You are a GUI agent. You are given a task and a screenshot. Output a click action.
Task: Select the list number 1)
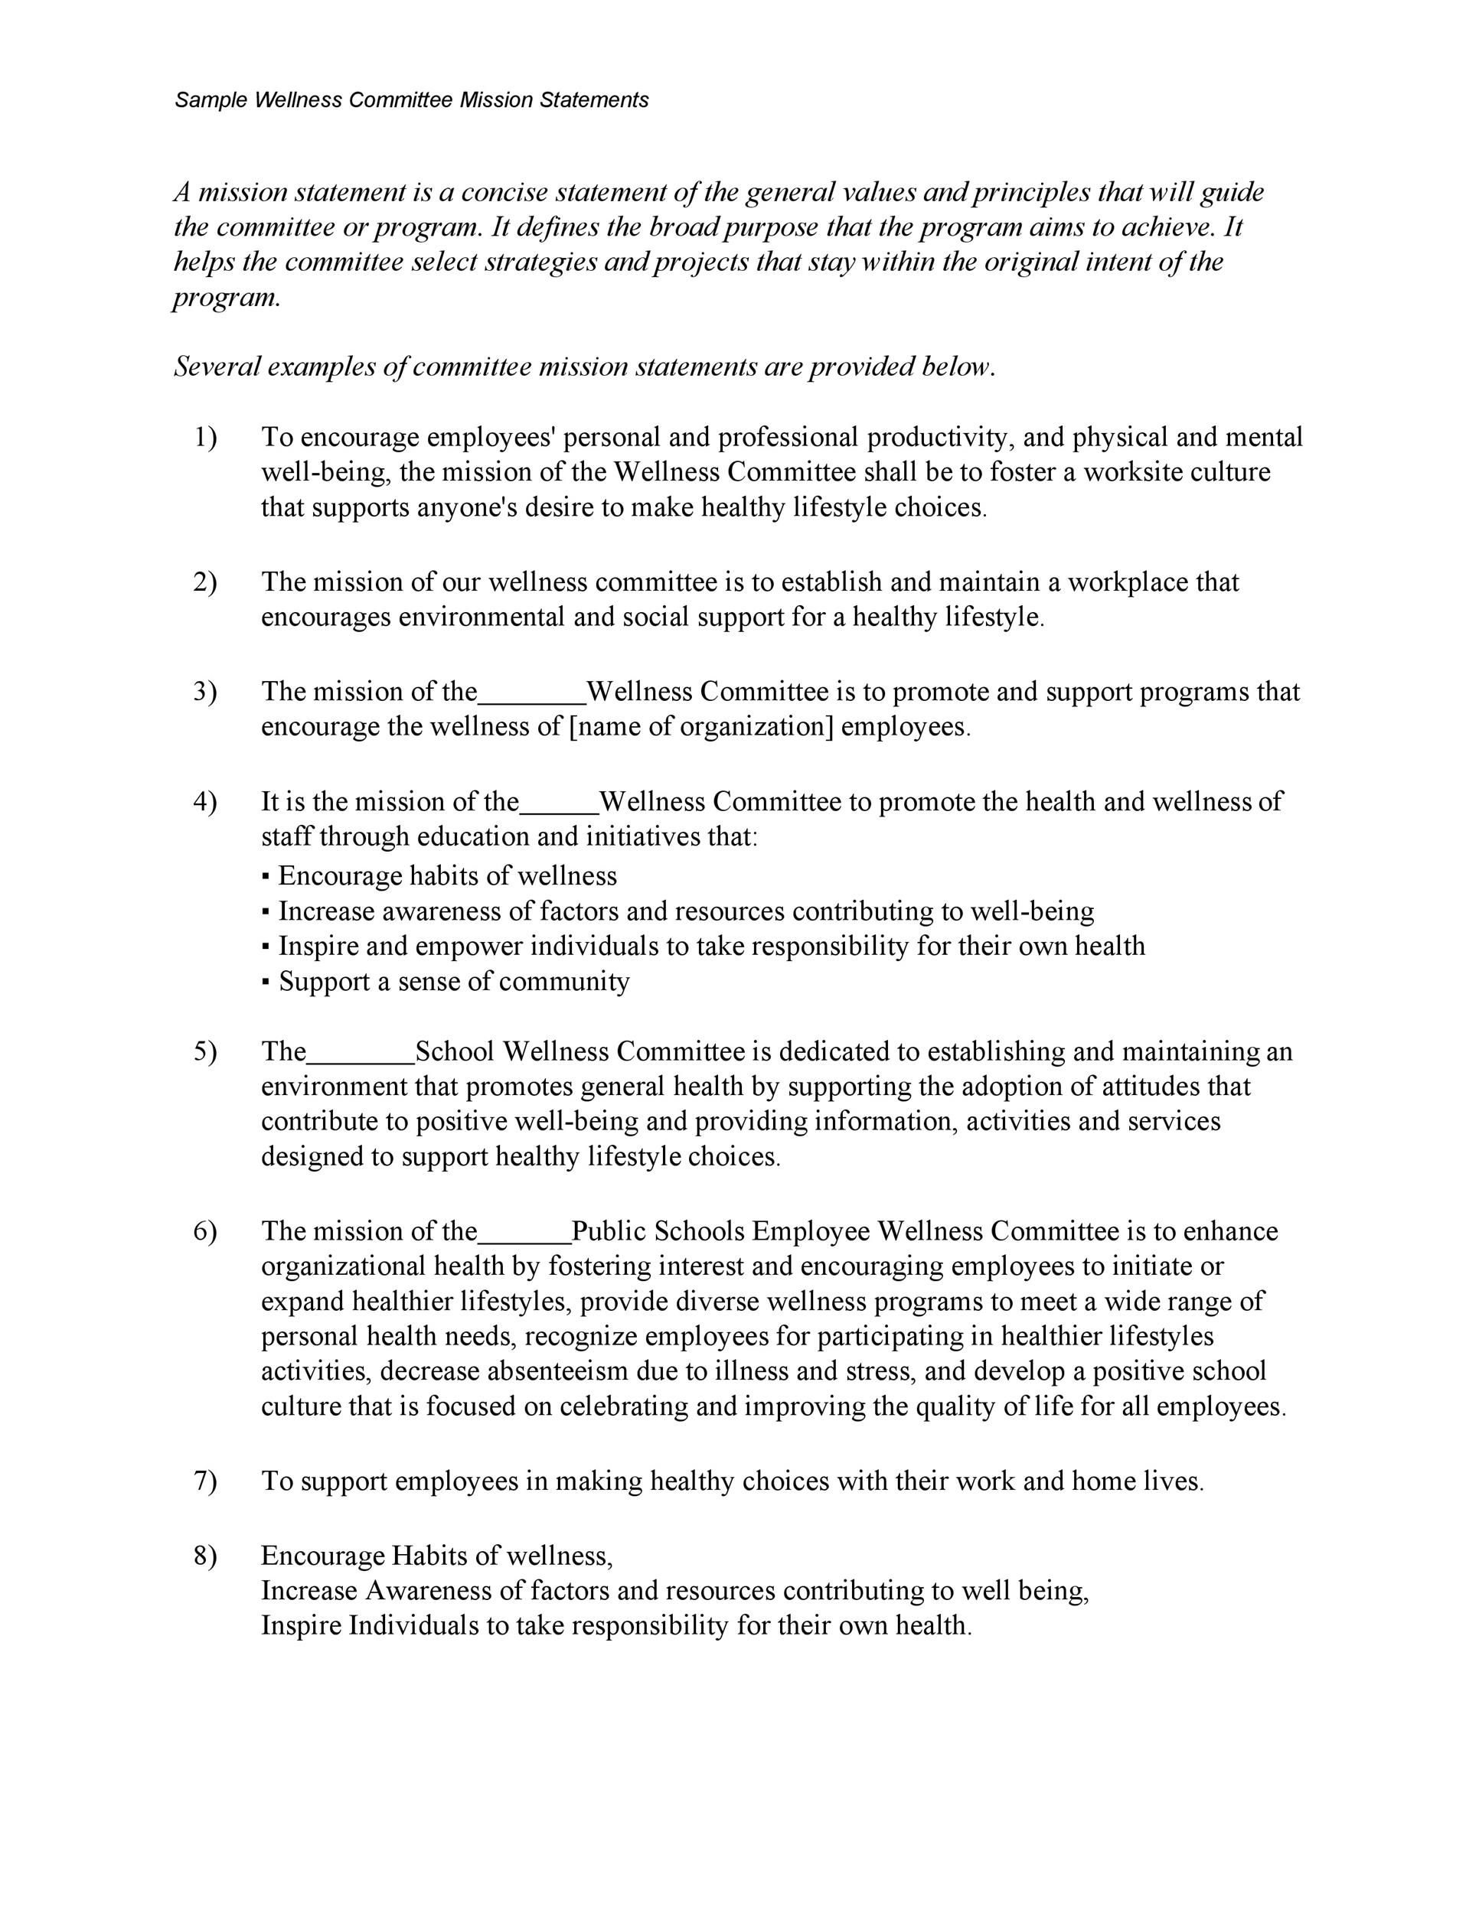(204, 436)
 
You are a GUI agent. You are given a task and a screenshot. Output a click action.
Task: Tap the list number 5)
(204, 1051)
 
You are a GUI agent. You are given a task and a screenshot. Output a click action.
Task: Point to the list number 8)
(204, 1556)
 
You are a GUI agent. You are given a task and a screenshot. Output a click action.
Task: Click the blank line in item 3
(532, 701)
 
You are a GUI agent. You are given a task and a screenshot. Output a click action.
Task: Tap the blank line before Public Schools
(524, 1240)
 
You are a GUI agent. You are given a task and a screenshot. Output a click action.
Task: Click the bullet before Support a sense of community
(266, 983)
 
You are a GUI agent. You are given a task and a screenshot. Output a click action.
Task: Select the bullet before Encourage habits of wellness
(266, 878)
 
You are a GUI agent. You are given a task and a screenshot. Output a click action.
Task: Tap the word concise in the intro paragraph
(504, 192)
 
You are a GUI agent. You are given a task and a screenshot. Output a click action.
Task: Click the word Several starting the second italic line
(217, 366)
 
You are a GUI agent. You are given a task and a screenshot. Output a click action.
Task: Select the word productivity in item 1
(940, 436)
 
